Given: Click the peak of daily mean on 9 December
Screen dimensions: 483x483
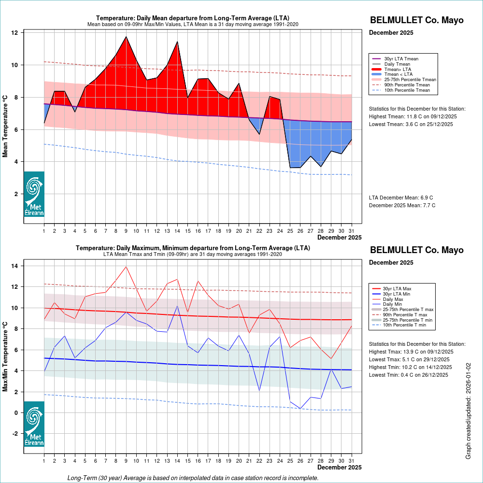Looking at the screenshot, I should pos(126,36).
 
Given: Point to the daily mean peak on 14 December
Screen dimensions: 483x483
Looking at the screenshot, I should pos(177,42).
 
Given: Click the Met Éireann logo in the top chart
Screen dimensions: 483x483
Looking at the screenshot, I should pos(34,194).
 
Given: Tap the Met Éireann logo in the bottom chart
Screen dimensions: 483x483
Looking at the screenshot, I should pos(34,424).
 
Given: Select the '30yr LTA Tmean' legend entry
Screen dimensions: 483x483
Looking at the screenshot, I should pos(401,58).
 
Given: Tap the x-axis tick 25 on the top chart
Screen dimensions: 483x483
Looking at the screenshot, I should pos(290,231).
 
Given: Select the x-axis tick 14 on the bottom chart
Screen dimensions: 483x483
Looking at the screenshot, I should pos(177,461).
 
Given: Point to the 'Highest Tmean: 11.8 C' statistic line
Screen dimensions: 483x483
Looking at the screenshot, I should pos(412,116).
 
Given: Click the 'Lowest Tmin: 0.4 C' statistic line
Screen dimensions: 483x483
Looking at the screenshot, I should pos(410,375).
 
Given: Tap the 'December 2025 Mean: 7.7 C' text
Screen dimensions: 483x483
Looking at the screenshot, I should pos(402,205).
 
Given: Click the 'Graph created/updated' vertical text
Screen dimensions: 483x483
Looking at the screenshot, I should pos(468,411).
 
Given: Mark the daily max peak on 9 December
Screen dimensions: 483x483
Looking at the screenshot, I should pos(126,267).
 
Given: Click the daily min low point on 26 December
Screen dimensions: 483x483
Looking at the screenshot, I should pos(300,409).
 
